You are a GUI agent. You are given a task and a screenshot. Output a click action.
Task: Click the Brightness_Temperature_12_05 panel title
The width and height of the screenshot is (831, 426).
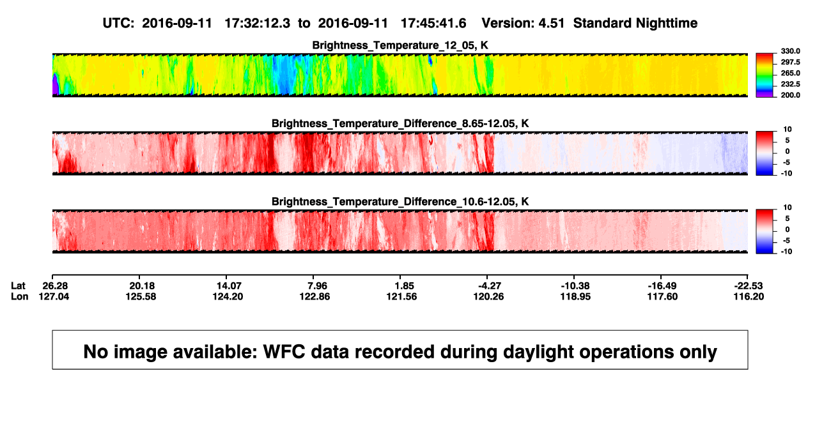(400, 45)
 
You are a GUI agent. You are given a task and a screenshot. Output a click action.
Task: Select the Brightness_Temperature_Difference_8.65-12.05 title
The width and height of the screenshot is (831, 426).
(400, 123)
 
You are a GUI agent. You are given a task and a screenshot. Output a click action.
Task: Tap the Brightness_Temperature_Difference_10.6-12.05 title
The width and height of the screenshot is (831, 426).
(400, 202)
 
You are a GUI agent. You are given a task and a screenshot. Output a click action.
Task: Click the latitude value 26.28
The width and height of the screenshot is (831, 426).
(55, 286)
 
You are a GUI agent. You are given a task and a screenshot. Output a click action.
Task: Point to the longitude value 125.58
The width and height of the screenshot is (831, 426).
(141, 296)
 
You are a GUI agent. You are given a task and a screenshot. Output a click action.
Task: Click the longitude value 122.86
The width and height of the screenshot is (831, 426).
(315, 296)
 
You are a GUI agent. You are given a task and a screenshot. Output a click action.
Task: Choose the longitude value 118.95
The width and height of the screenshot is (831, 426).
(575, 296)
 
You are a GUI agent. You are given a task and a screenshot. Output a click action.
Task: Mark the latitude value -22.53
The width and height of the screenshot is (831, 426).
(749, 286)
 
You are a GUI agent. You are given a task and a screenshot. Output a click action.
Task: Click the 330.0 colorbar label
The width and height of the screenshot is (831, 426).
(790, 51)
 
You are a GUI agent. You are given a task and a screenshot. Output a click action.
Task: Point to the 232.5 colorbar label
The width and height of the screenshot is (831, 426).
(790, 84)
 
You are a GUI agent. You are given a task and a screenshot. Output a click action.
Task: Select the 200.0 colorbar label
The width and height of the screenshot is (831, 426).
(790, 95)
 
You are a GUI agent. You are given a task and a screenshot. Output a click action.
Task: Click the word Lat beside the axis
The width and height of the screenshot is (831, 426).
(18, 286)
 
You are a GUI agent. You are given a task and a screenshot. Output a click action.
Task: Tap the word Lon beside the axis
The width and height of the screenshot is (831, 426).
(20, 296)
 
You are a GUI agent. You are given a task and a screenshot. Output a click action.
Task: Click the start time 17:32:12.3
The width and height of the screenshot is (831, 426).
(258, 23)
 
